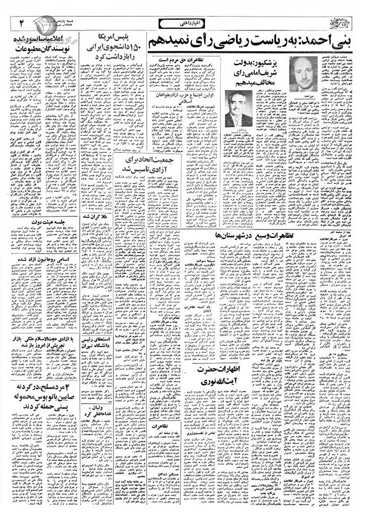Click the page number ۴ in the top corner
coord(23,23)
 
